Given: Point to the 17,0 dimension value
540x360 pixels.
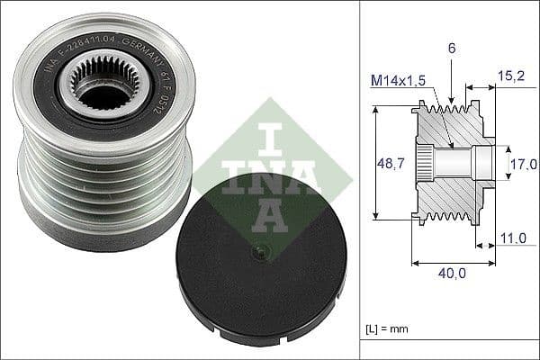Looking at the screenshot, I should pyautogui.click(x=524, y=164).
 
